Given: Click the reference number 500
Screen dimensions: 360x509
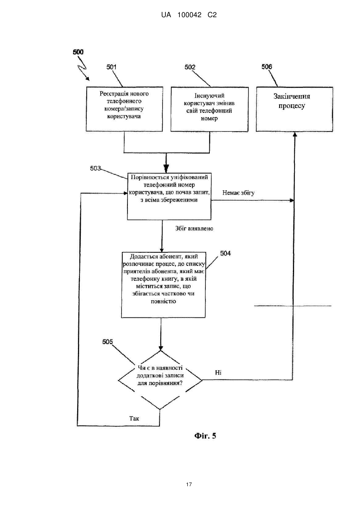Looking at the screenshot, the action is coord(78,52).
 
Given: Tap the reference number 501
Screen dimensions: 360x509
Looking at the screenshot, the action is coord(111,67).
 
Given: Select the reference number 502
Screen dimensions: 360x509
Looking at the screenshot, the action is coord(190,67).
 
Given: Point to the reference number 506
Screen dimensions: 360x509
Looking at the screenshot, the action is coord(267,67).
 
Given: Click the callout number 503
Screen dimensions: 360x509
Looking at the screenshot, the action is coord(95,168).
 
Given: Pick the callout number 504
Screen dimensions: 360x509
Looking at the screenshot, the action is coord(225,254).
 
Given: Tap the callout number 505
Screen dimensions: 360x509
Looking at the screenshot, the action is coord(107,342).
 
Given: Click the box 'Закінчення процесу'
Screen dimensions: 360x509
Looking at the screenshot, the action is coord(294,109).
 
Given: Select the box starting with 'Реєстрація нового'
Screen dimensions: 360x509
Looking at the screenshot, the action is coord(124,109).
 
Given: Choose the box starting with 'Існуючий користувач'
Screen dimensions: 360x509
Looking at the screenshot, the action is coord(209,109).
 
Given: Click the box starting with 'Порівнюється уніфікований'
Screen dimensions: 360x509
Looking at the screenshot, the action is coord(169,196).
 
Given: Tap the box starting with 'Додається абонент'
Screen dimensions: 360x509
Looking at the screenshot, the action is coord(163,285).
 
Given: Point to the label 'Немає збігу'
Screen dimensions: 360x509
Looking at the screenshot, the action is coord(238,193).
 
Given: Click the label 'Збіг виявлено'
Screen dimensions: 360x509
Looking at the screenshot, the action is coord(194,228).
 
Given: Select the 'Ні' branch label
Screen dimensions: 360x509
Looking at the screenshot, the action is coord(218,372).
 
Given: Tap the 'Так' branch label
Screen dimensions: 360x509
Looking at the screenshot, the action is coord(134,418).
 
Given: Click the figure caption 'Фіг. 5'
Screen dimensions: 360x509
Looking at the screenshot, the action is coord(205,435).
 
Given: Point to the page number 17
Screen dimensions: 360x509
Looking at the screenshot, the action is coord(189,485).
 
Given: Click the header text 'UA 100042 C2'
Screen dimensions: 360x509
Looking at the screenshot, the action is coord(189,15).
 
